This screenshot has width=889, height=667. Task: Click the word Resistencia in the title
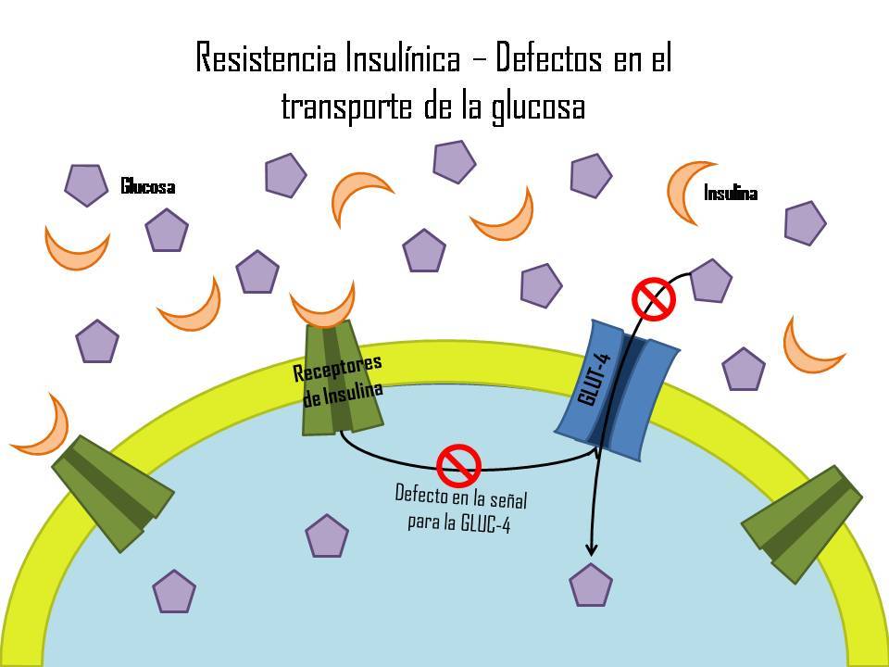coord(266,57)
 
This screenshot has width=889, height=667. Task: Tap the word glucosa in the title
coord(538,107)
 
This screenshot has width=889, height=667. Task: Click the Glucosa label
coord(148,186)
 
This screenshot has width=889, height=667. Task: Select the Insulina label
coord(731,193)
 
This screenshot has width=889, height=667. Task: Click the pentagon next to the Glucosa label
coord(86,185)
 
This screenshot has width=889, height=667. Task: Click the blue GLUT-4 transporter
coord(618,389)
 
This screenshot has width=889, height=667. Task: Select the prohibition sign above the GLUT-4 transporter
coord(654,299)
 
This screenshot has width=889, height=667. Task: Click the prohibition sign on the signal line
coord(458,466)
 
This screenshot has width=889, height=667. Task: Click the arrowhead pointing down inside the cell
coord(592,549)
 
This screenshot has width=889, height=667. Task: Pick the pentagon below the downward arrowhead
coord(591,585)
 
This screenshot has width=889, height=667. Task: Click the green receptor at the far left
coord(112,493)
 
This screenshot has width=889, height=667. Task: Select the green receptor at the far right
coord(802,524)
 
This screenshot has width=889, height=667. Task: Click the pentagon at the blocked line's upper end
coord(710,281)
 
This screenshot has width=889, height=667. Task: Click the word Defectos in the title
coord(548,57)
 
